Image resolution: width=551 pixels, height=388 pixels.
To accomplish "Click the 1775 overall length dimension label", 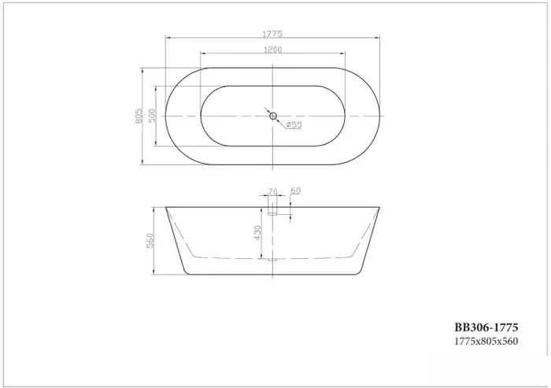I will tap(273, 34).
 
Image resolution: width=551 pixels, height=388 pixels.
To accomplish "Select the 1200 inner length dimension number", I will tap(273, 50).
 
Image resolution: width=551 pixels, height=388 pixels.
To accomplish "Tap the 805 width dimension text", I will tap(140, 116).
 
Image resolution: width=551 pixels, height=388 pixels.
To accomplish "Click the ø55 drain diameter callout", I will tap(293, 124).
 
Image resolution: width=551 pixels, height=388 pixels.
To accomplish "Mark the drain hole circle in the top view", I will tap(273, 116).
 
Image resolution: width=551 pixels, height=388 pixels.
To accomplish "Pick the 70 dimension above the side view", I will tap(273, 191).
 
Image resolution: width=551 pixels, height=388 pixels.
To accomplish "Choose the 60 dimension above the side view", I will tap(296, 191).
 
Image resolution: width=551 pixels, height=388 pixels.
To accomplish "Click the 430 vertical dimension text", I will tap(257, 235).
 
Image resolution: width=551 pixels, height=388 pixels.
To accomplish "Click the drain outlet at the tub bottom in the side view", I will tap(273, 259).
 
